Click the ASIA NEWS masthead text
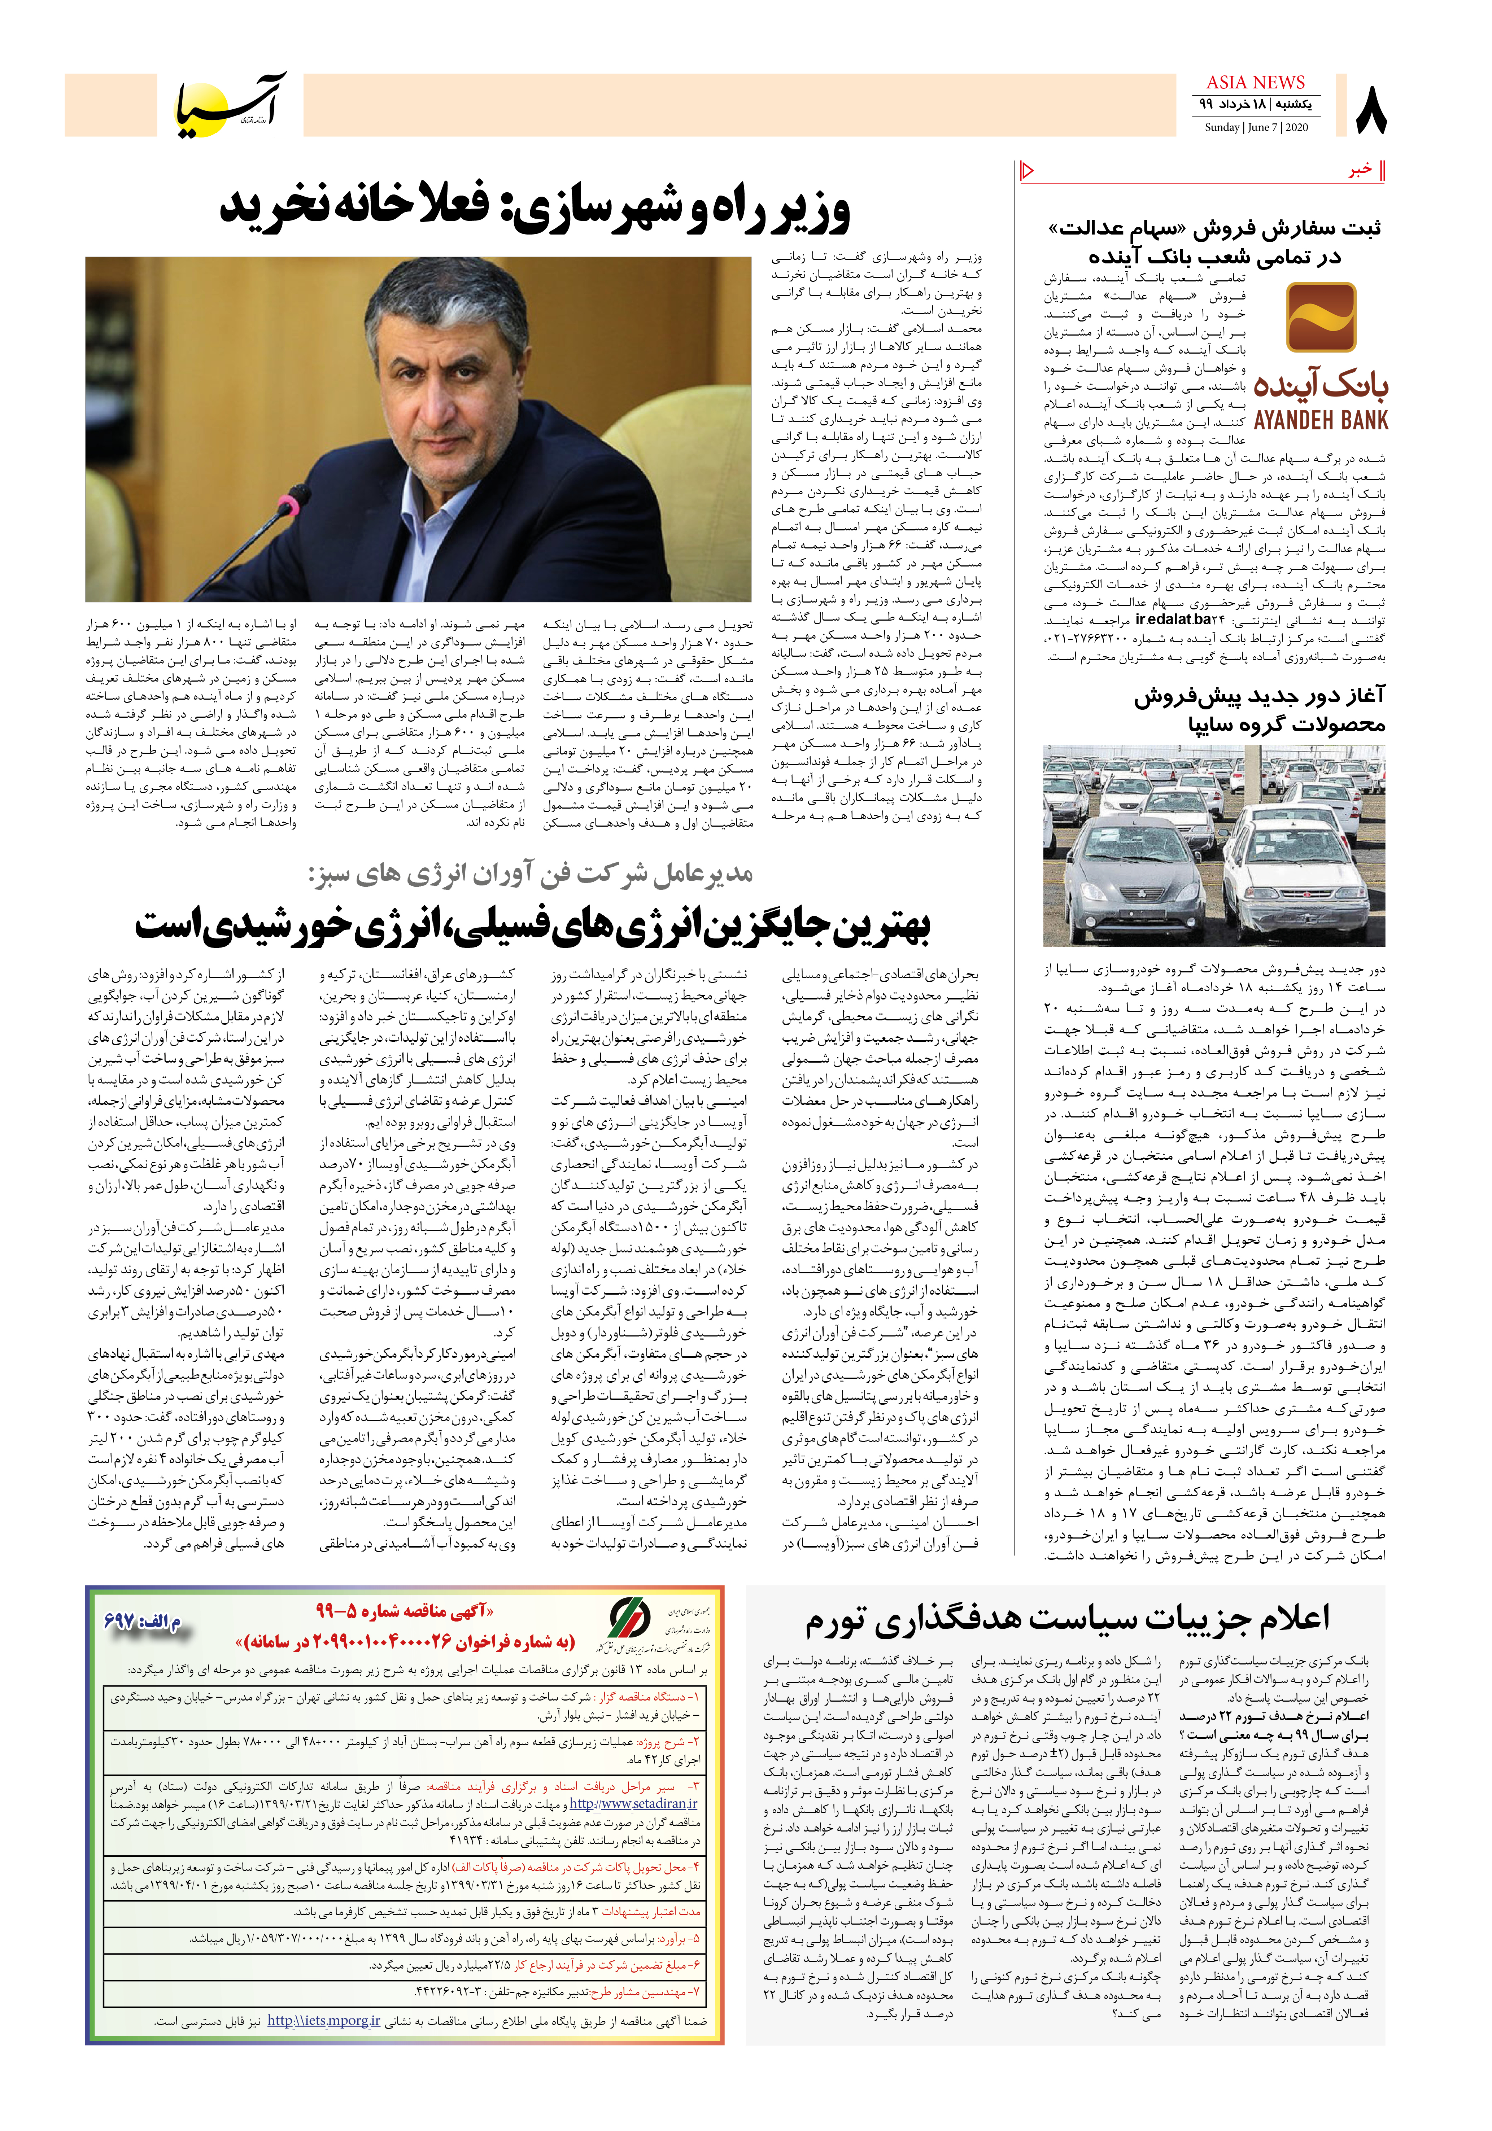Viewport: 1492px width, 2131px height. pos(1255,83)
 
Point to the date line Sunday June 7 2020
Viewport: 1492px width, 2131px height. pos(1256,127)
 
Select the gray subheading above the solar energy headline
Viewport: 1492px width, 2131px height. pos(530,874)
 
